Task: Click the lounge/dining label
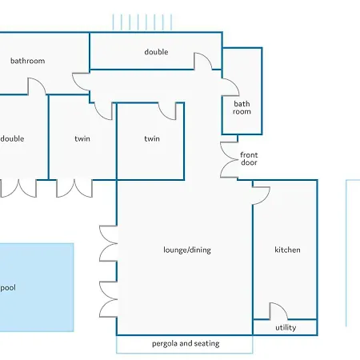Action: click(187, 250)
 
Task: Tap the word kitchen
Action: click(287, 250)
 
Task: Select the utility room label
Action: click(286, 327)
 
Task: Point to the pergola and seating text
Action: click(186, 343)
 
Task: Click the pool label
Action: click(8, 288)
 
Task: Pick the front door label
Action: click(249, 158)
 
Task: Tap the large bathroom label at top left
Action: click(27, 61)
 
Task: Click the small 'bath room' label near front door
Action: click(242, 107)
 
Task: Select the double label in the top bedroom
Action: click(156, 52)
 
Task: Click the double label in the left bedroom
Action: click(12, 138)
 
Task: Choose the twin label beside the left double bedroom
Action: click(82, 138)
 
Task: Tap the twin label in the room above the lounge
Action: click(152, 138)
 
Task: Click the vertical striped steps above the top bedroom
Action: click(142, 22)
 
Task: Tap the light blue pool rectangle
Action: click(37, 287)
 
